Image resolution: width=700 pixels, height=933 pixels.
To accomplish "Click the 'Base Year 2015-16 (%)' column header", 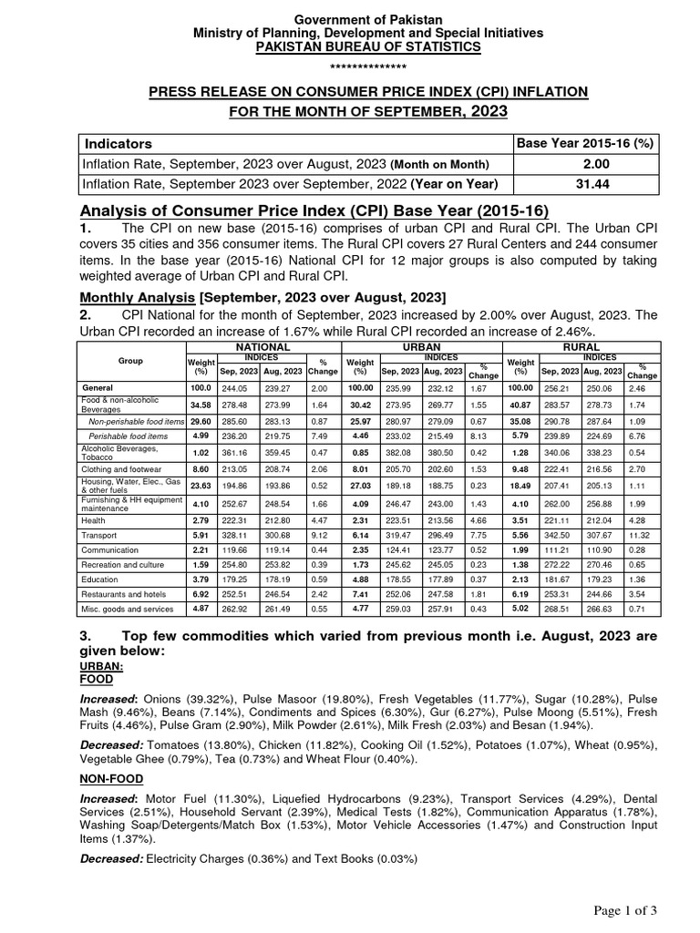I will tap(583, 143).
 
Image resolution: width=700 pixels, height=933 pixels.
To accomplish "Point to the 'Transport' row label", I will tap(101, 536).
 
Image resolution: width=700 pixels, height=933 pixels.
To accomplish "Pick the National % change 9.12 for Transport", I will tap(323, 536).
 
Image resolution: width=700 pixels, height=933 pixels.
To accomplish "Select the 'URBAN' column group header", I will tap(420, 347).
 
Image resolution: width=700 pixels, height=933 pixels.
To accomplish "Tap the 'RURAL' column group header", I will tap(582, 347).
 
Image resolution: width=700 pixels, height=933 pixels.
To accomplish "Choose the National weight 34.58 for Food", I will tap(201, 403).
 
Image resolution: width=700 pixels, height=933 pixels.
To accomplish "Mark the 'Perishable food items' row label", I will tap(128, 436).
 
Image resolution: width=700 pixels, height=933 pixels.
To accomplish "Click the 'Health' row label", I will tap(95, 519).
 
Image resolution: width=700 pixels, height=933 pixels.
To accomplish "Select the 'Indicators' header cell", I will tap(118, 144).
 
